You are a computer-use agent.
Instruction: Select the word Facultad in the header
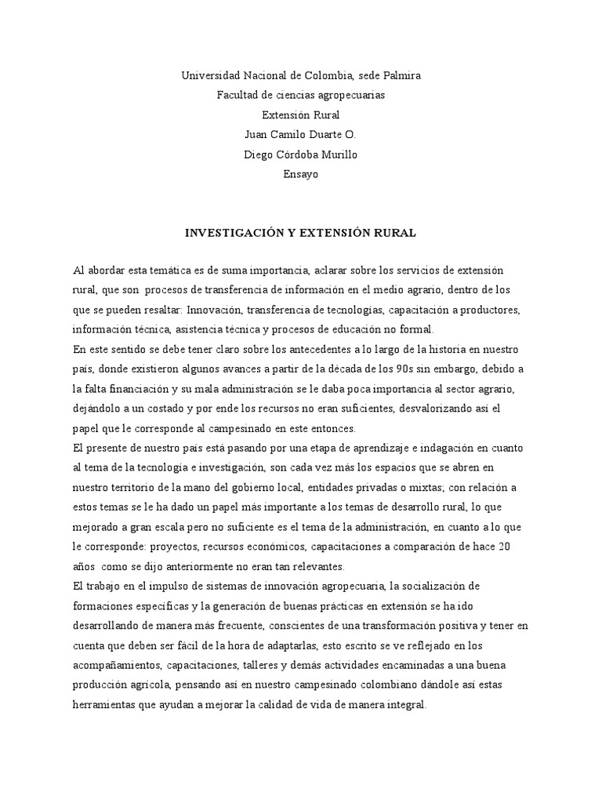(x=238, y=95)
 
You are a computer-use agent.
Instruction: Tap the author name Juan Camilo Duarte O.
(x=301, y=134)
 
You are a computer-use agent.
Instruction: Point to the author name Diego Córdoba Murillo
(x=301, y=154)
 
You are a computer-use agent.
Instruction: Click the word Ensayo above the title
(x=301, y=174)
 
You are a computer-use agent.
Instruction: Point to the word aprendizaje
(x=349, y=448)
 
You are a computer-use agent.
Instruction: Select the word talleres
(x=285, y=665)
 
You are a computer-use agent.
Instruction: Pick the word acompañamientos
(x=117, y=665)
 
